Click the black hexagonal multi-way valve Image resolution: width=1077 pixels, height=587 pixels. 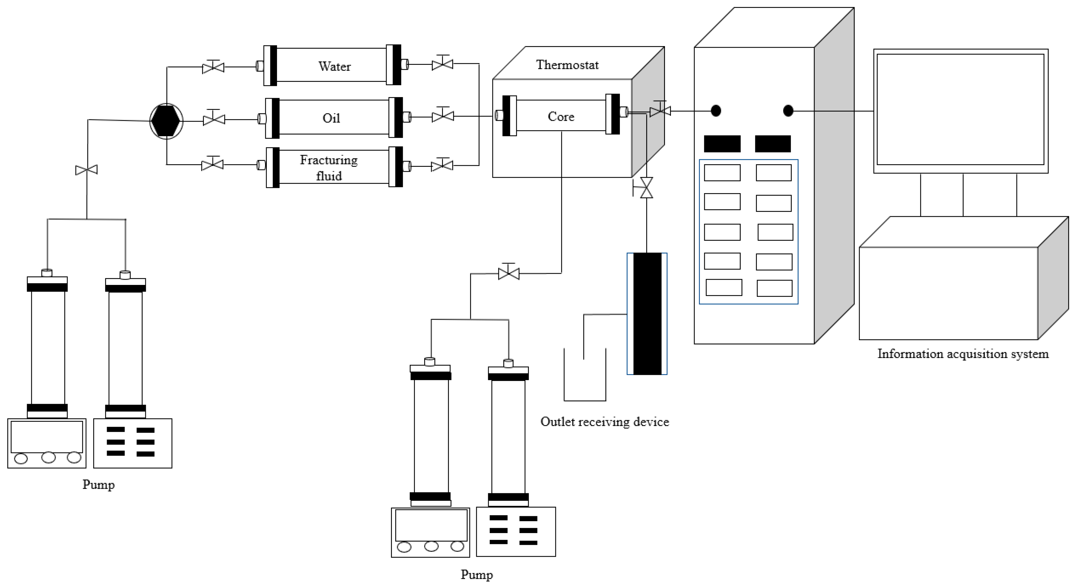coord(166,121)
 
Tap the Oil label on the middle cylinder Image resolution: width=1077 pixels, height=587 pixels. coord(331,118)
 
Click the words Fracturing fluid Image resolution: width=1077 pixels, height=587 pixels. coord(329,167)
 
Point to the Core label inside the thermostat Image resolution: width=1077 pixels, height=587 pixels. coord(561,116)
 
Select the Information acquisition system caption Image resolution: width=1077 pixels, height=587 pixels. coord(962,354)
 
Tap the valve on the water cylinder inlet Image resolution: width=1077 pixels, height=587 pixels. coord(213,67)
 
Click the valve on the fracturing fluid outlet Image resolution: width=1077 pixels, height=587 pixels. coord(442,166)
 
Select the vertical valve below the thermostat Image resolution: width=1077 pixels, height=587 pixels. coord(647,188)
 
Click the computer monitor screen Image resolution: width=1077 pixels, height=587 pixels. coord(960,110)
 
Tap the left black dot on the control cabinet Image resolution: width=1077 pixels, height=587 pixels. coord(716,111)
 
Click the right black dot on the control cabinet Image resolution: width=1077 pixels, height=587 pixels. coord(788,111)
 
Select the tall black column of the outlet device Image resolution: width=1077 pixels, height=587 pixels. coord(647,313)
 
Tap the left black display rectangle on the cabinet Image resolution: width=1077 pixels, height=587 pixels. coord(722,144)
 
